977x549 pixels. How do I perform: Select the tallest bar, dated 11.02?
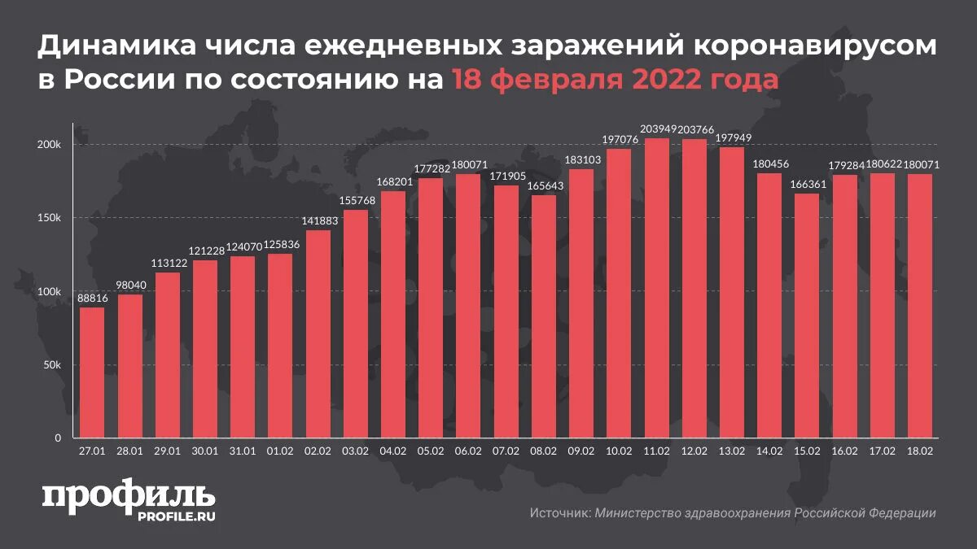(x=657, y=288)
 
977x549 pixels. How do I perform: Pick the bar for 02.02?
(x=318, y=333)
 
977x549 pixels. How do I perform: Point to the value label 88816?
(x=92, y=298)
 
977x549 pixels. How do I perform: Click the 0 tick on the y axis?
(x=58, y=438)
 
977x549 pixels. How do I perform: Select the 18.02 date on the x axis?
(x=920, y=450)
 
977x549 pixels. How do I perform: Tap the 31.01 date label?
(x=243, y=450)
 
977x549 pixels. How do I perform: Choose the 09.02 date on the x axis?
(x=581, y=450)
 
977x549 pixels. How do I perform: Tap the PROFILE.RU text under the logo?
(x=177, y=516)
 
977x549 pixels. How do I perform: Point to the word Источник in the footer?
(x=560, y=513)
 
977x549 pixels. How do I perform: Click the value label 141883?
(x=318, y=221)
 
